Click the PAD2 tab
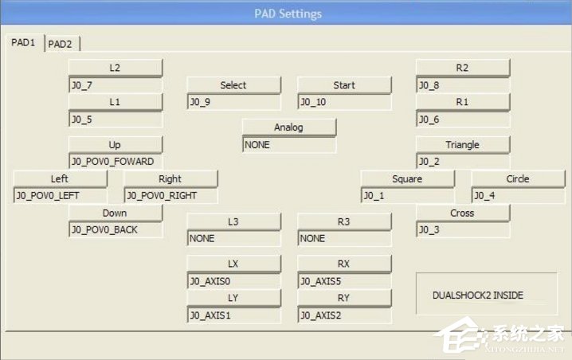pos(60,44)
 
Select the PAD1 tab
pos(23,43)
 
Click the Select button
pos(233,85)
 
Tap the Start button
pos(344,85)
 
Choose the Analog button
pos(288,127)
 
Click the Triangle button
pos(462,144)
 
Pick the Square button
pos(407,178)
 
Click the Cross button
pos(462,213)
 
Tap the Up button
pos(115,144)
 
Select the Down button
pos(115,213)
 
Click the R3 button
pos(344,221)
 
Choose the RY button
pos(344,298)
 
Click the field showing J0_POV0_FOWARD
pos(115,161)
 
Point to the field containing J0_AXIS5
pos(344,280)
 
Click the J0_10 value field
pos(344,102)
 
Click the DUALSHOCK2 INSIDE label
pos(478,295)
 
